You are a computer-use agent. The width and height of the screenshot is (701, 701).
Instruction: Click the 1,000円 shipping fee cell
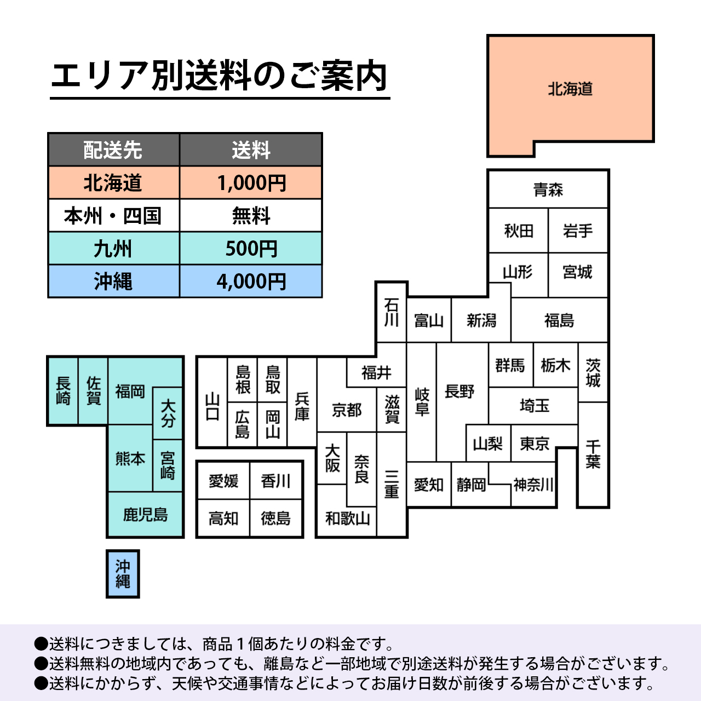point(251,182)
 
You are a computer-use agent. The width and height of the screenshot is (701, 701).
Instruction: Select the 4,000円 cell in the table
point(251,281)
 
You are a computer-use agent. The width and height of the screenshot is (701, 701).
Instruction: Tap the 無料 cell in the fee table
point(251,215)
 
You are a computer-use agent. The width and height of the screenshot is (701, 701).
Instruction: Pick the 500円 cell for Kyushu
point(251,249)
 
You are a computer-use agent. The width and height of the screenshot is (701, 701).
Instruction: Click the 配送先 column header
point(113,150)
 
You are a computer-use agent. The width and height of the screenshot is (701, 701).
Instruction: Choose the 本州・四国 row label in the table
point(113,215)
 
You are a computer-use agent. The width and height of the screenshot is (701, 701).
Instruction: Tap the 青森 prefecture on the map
point(548,189)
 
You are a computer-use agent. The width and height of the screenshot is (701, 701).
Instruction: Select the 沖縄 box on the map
point(123,574)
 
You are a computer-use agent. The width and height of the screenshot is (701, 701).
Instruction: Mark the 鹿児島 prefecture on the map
point(146,514)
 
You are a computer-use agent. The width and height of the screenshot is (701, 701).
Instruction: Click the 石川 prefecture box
point(392,312)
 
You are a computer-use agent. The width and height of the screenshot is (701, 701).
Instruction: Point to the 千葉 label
point(593,455)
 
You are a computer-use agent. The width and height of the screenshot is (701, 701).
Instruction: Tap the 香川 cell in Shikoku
point(275,481)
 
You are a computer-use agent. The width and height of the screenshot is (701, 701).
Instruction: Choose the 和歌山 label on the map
point(347,519)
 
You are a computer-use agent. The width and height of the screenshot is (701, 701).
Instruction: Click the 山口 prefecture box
point(212,403)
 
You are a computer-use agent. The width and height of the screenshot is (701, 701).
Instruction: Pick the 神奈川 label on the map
point(533,485)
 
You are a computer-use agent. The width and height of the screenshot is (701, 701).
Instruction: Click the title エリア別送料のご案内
point(220,76)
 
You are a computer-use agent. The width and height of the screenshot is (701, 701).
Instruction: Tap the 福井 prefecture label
point(376,372)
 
